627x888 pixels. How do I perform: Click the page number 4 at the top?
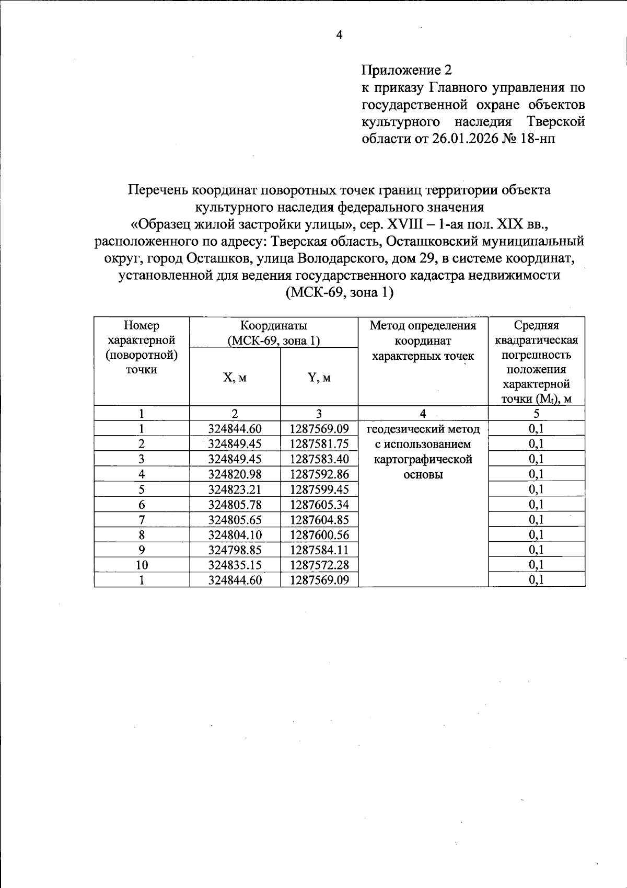tap(339, 36)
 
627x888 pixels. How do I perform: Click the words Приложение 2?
tap(407, 70)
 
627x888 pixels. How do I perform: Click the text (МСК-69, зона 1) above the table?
tap(339, 292)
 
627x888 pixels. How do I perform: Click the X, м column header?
tap(235, 378)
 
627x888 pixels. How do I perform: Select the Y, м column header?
tap(319, 378)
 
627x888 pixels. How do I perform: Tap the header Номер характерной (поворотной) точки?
tap(142, 348)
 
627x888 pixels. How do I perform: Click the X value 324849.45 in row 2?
tap(235, 444)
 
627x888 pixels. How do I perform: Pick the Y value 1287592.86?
tap(319, 474)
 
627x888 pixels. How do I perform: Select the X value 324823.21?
tap(235, 489)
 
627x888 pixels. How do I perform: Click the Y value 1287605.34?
tap(319, 505)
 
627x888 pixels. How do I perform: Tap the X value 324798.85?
tap(235, 550)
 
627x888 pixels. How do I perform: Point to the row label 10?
tap(142, 565)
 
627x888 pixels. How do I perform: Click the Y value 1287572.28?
tap(319, 565)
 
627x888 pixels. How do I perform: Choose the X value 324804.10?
tap(235, 535)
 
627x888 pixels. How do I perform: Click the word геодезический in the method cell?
tap(400, 429)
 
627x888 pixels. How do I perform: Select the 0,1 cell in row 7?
tap(536, 520)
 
